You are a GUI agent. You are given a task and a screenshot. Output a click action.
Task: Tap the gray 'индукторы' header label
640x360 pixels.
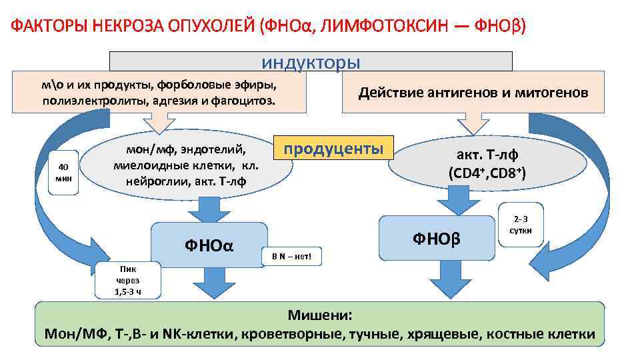[311, 62]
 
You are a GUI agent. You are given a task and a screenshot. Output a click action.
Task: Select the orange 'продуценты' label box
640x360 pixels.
[334, 148]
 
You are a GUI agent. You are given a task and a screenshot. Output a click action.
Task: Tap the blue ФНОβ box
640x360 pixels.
[437, 237]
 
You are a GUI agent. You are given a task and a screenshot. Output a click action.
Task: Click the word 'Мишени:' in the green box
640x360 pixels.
[319, 315]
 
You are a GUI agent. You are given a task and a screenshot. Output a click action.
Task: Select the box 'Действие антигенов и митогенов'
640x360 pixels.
[473, 93]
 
